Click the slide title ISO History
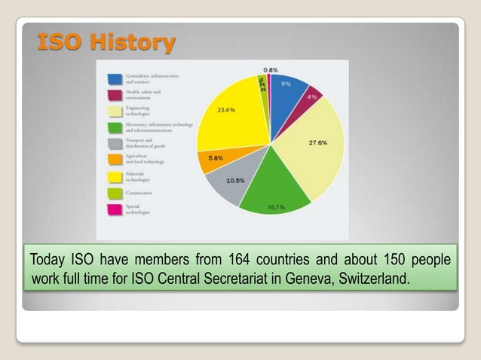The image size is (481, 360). [x=106, y=42]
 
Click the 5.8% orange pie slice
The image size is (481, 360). [x=214, y=159]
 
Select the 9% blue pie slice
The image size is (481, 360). [x=288, y=92]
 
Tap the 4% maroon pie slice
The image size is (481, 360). [x=312, y=97]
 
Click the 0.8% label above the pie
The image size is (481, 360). [x=270, y=70]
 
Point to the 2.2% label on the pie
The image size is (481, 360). [x=262, y=85]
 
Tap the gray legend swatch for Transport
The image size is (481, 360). [x=115, y=143]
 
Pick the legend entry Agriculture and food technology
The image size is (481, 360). [x=143, y=159]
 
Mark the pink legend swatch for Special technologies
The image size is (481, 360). [x=115, y=209]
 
